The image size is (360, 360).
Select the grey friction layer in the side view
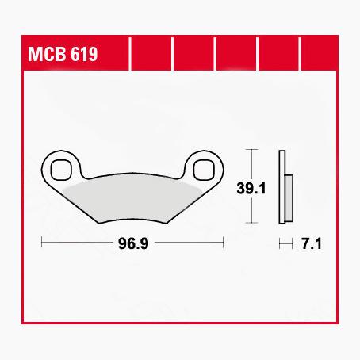289,197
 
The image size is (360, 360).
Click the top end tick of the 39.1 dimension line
251,149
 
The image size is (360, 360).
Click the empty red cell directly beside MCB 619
150,56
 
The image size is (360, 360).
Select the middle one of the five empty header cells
236,56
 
